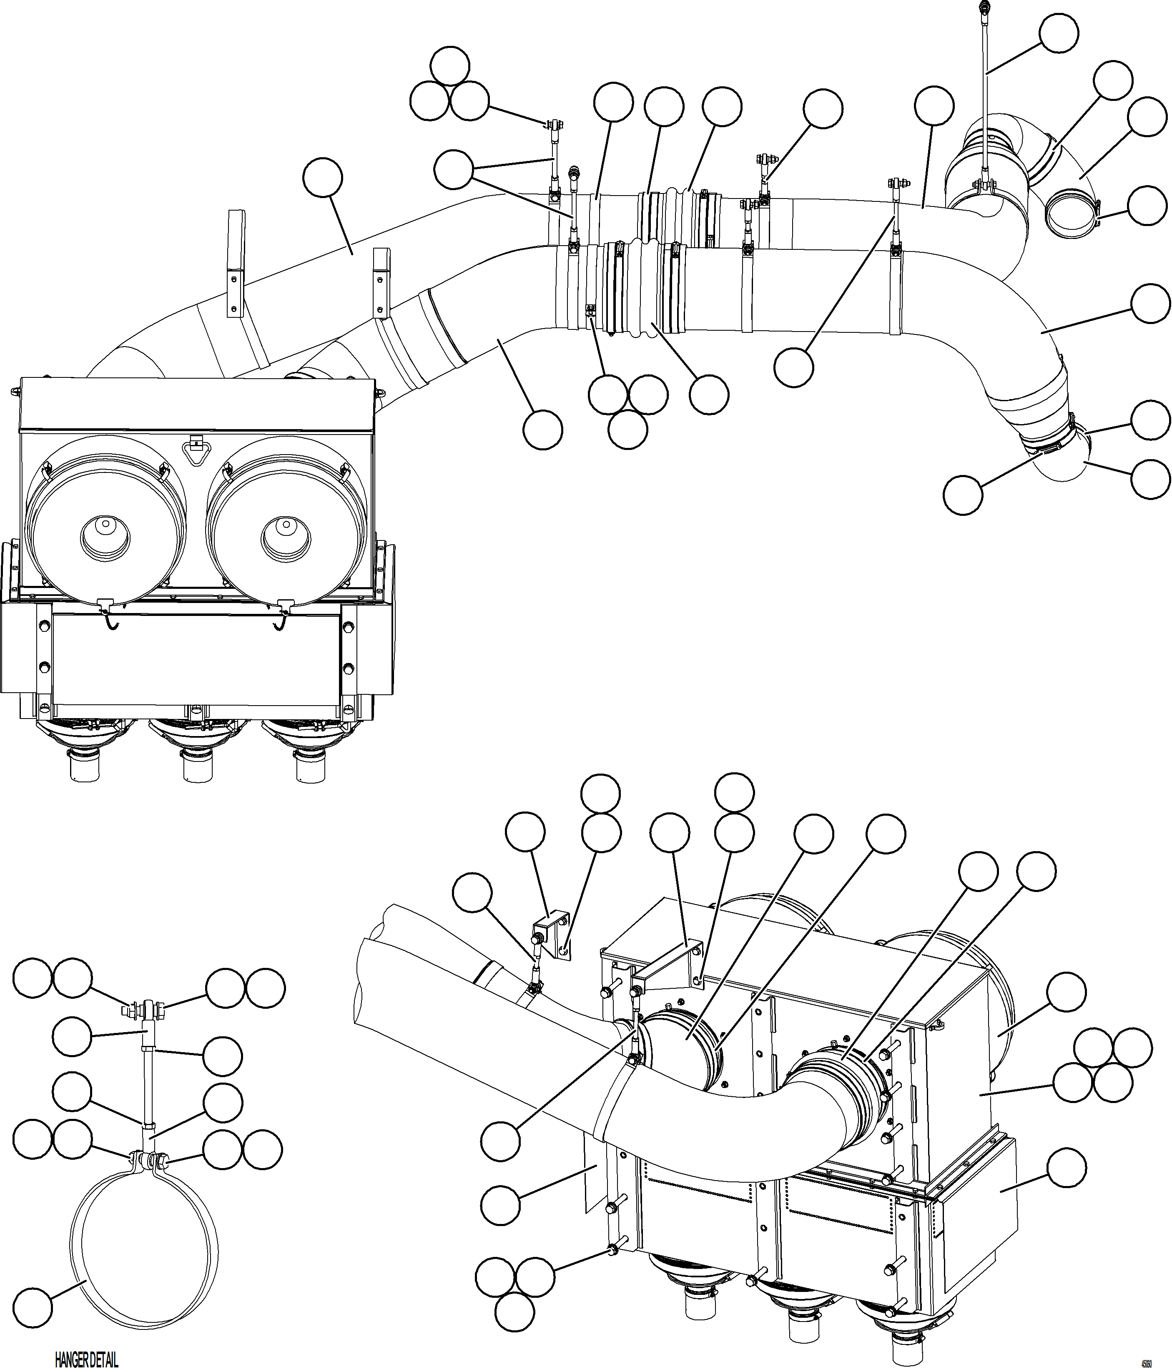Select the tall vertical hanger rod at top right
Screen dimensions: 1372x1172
[x=983, y=93]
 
